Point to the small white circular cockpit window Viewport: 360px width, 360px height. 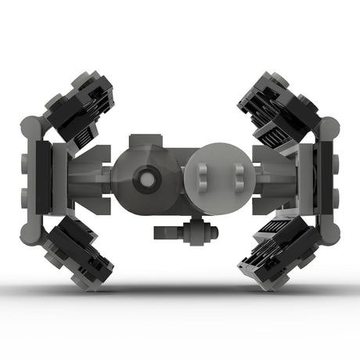pos(146,178)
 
